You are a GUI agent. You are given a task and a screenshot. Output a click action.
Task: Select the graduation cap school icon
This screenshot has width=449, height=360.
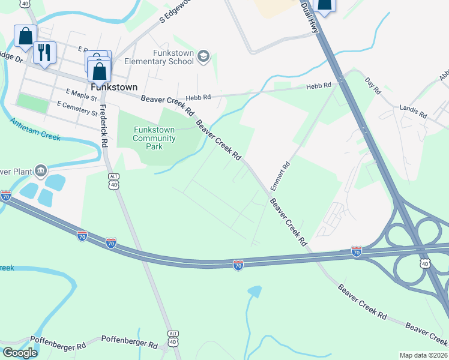coord(203,56)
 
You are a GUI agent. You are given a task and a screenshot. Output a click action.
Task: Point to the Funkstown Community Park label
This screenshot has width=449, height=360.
coord(154,138)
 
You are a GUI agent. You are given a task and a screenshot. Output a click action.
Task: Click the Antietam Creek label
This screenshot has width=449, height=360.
coord(35,128)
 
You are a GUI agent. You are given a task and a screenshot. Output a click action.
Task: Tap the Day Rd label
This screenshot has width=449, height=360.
coord(373,85)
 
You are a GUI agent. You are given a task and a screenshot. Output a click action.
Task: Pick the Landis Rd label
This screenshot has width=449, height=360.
coord(413,111)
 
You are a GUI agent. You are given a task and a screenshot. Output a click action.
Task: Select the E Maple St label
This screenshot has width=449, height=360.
coord(82,96)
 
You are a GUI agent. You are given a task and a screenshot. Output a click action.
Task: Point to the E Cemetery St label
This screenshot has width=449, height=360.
coord(77,108)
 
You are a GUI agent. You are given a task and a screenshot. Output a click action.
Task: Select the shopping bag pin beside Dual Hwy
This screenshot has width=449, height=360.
coord(324,6)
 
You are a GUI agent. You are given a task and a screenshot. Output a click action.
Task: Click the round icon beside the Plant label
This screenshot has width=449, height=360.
coord(41,170)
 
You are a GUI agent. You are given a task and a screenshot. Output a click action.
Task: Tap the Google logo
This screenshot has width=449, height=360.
coord(20,353)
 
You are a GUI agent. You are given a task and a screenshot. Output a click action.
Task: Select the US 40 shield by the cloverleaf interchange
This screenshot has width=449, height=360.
coord(424,263)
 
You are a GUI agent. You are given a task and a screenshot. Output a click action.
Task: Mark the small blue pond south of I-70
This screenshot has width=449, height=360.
coord(255,292)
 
